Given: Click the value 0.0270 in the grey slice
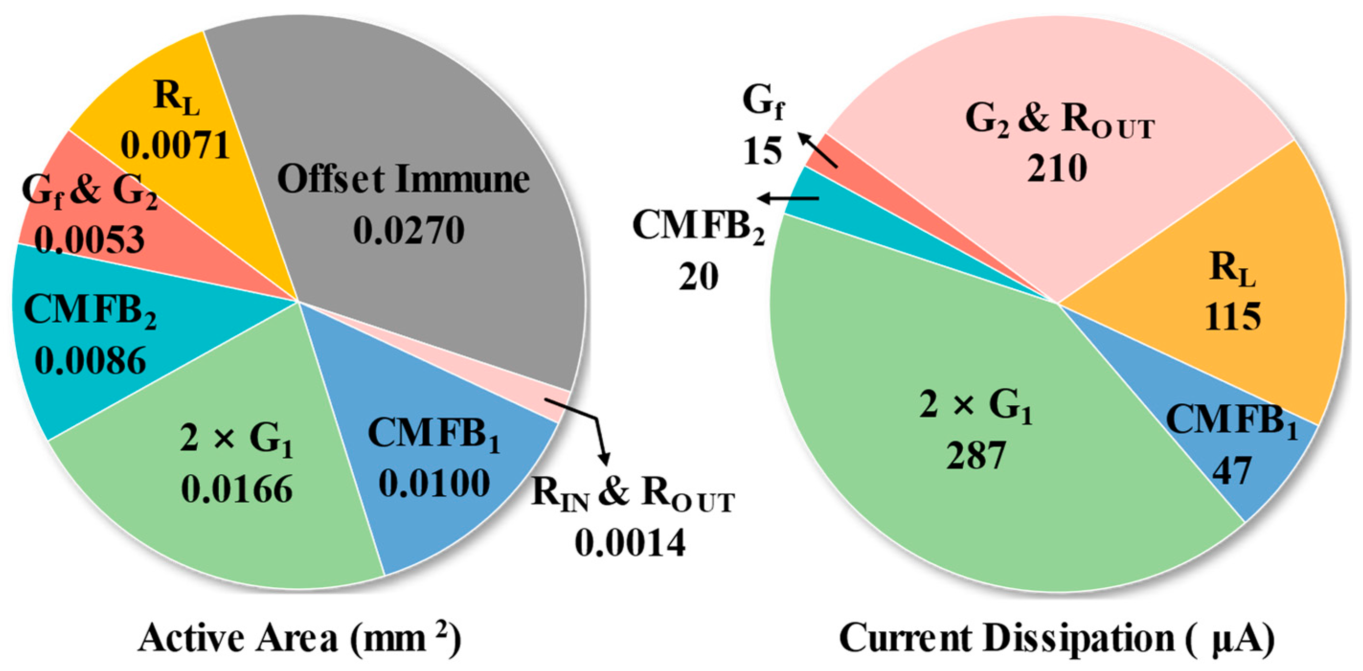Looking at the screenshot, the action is point(408,230).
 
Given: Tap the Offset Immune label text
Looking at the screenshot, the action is point(403,179).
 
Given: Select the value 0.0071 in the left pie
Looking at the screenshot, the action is point(175,145).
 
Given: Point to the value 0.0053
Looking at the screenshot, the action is point(89,239).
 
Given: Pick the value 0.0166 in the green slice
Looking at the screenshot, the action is point(237,489).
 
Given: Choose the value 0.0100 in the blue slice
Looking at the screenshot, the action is point(434,483).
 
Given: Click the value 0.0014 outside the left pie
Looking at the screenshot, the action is point(630,543).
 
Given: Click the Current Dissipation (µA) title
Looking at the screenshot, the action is point(1057,637).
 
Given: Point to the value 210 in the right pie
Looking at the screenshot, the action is point(1057,168).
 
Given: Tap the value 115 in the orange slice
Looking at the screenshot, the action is point(1233,317).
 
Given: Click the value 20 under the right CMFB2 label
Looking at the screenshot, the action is point(698,276).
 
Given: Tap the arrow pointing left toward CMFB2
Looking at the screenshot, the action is point(789,198).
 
